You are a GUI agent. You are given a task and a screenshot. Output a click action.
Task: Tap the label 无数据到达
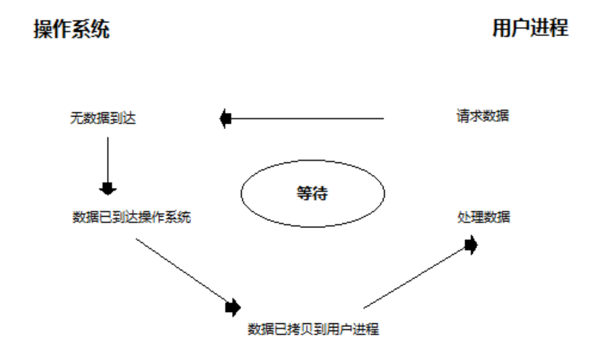[103, 119]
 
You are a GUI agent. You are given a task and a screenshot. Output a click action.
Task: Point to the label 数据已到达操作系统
[132, 217]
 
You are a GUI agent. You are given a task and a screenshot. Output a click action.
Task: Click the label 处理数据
[484, 217]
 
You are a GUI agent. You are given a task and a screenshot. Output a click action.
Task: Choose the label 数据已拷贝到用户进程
[314, 329]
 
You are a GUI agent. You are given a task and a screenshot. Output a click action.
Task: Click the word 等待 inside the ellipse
[313, 194]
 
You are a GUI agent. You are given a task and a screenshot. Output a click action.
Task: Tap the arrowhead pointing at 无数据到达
[225, 119]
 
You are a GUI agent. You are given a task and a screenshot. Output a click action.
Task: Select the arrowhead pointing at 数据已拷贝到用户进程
[233, 306]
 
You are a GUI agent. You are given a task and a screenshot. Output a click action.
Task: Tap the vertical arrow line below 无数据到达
[108, 160]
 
